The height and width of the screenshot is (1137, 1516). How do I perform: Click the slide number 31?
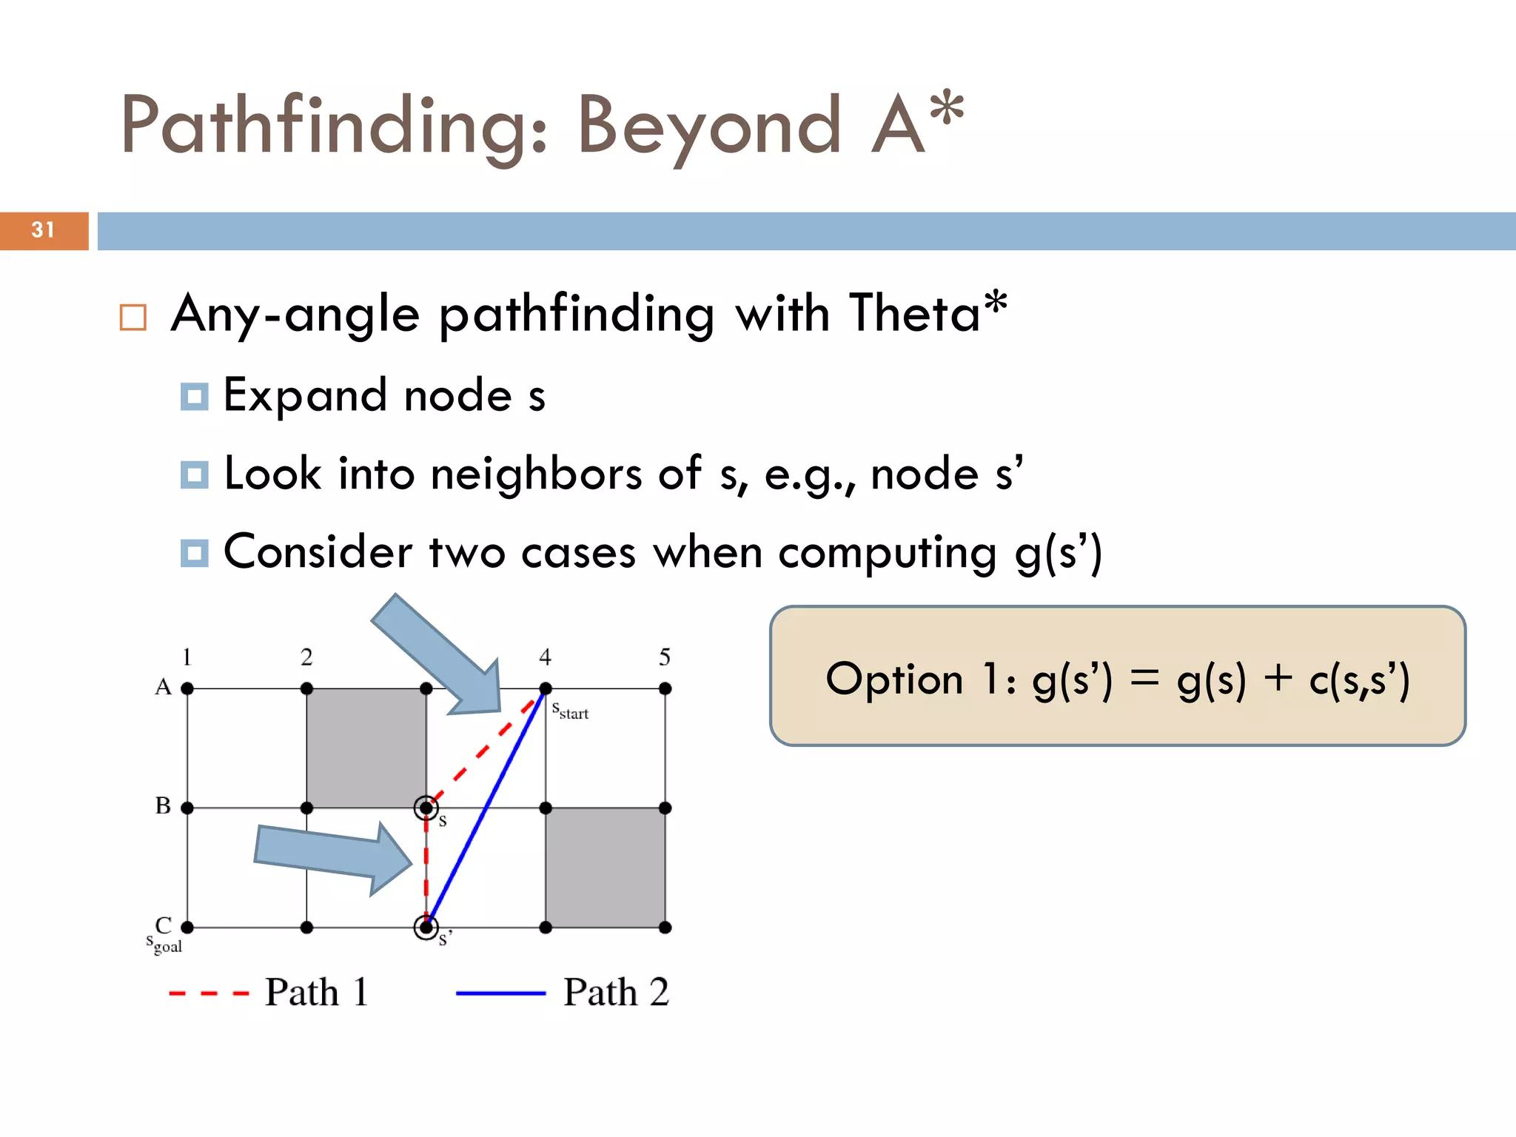(x=43, y=230)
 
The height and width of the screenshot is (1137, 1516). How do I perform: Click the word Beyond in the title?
(x=708, y=126)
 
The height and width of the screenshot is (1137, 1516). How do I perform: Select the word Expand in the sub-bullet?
(x=305, y=395)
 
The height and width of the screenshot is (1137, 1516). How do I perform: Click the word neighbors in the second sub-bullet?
(x=537, y=474)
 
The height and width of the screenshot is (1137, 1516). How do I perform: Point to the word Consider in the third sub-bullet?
(x=318, y=552)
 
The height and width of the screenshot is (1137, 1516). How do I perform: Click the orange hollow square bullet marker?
(x=133, y=318)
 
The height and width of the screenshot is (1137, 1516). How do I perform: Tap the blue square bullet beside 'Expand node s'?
(x=194, y=397)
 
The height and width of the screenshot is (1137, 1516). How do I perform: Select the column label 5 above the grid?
(x=665, y=657)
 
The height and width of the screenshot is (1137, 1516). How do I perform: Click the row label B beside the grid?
(x=163, y=805)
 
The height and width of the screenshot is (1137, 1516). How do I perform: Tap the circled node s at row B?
(x=426, y=808)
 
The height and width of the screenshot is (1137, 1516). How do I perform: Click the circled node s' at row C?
(x=426, y=927)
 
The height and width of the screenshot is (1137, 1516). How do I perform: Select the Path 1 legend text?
(x=317, y=992)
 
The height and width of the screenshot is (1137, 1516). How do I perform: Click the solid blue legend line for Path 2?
(x=500, y=993)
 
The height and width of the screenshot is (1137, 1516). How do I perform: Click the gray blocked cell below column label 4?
(x=605, y=868)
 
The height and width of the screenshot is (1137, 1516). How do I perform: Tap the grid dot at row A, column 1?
(x=187, y=688)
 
